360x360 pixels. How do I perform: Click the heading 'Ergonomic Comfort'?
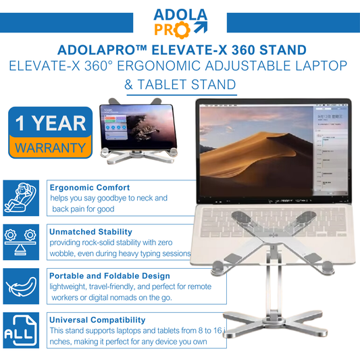coord(90,187)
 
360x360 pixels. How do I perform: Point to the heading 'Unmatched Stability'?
coord(91,232)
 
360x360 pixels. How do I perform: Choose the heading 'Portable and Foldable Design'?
coord(109,276)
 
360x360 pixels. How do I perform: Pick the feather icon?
coord(20,286)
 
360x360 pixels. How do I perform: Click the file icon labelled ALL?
coord(20,331)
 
